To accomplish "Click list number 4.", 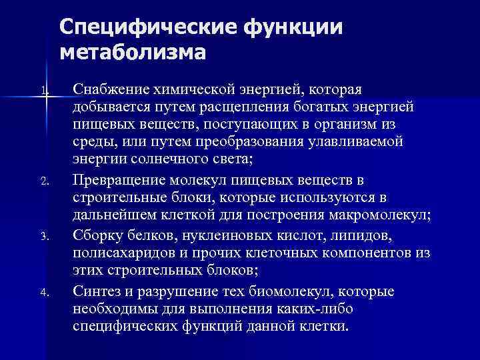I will click(43, 291).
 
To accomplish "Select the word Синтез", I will click(95, 291).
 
